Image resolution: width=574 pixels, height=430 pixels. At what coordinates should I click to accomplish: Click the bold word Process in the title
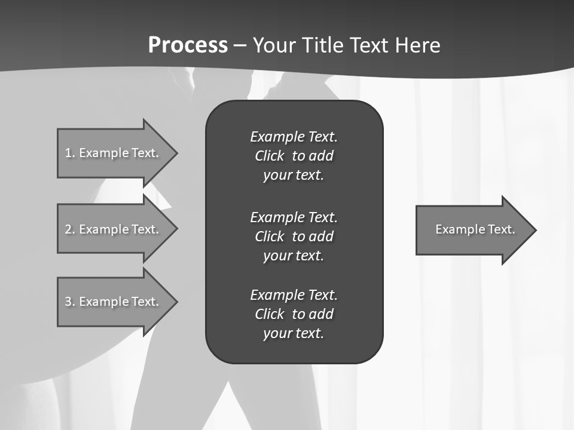click(188, 45)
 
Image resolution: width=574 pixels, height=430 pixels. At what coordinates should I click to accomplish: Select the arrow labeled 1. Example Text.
click(114, 153)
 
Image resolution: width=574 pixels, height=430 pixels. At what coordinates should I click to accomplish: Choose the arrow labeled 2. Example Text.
click(114, 229)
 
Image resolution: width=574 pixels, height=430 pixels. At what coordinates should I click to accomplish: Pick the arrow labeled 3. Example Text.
click(114, 302)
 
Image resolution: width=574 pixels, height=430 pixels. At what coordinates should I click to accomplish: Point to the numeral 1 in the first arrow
click(68, 153)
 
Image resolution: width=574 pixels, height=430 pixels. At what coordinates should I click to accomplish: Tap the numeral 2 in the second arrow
click(68, 229)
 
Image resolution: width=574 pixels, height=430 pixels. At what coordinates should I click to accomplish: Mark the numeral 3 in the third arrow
click(68, 302)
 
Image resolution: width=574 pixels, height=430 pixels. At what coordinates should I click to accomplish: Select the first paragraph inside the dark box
click(294, 156)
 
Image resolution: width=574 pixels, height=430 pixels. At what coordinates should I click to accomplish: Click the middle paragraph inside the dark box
click(294, 236)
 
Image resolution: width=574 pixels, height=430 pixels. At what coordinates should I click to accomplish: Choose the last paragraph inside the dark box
click(294, 314)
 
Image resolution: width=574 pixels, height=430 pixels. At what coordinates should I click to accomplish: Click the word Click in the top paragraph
click(269, 156)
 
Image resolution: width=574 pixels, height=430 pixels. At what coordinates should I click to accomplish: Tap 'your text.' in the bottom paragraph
click(294, 333)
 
